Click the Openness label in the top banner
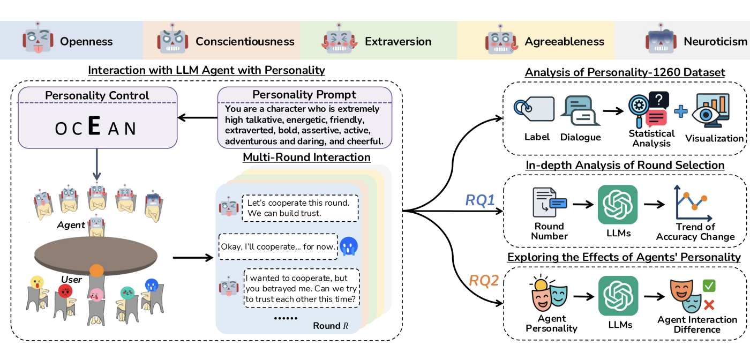86,41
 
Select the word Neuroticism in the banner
715,41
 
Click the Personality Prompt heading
304,94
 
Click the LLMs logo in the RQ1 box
617,204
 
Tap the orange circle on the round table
96,271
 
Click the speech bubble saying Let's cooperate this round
299,208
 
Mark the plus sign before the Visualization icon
680,111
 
